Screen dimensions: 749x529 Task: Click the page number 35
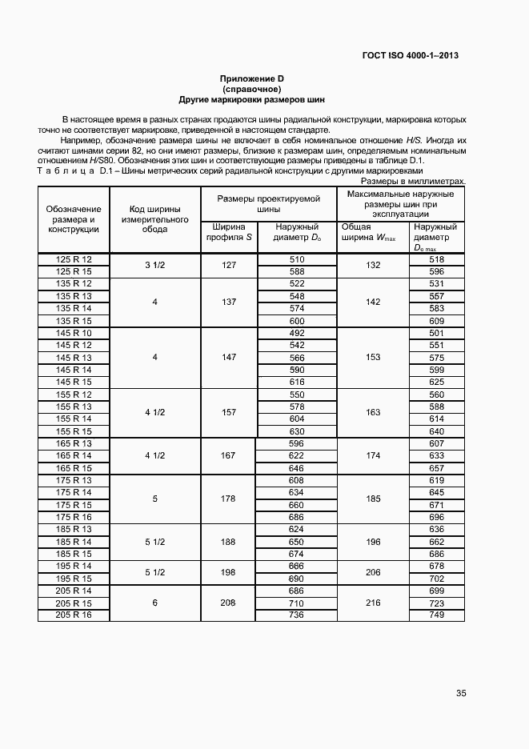pyautogui.click(x=461, y=693)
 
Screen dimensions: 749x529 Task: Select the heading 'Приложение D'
pyautogui.click(x=252, y=78)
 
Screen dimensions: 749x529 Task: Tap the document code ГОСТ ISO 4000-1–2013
pyautogui.click(x=409, y=56)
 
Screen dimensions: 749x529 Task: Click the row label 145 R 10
pyautogui.click(x=74, y=333)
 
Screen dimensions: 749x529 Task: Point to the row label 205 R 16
pyautogui.click(x=74, y=615)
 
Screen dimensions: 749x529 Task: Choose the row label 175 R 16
pyautogui.click(x=74, y=518)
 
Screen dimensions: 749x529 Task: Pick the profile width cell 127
pyautogui.click(x=228, y=265)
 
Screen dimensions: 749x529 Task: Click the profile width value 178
pyautogui.click(x=228, y=499)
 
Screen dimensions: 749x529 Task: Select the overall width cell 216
pyautogui.click(x=373, y=603)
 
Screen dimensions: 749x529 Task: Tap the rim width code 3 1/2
pyautogui.click(x=154, y=265)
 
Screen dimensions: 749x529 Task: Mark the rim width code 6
pyautogui.click(x=154, y=603)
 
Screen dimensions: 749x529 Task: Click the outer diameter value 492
pyautogui.click(x=297, y=333)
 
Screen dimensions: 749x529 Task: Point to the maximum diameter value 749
pyautogui.click(x=436, y=615)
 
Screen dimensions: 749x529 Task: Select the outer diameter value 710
pyautogui.click(x=297, y=603)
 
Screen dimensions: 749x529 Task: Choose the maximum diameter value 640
pyautogui.click(x=436, y=431)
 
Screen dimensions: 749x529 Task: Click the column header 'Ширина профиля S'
pyautogui.click(x=228, y=232)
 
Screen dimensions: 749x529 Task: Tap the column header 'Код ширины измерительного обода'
pyautogui.click(x=154, y=218)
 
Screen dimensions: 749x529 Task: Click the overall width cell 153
pyautogui.click(x=373, y=358)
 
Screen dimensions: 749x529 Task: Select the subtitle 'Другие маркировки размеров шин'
pyautogui.click(x=252, y=99)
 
